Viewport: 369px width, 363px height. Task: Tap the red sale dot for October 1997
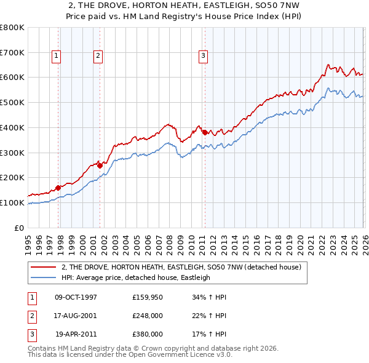pyautogui.click(x=58, y=188)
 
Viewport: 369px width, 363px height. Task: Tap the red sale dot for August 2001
pyautogui.click(x=100, y=166)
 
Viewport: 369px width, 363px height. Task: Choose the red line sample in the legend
pyautogui.click(x=43, y=267)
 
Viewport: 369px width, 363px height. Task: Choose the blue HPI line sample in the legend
pyautogui.click(x=43, y=277)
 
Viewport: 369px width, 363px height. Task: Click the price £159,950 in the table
pyautogui.click(x=148, y=297)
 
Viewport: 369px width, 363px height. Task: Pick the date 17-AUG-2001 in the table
pyautogui.click(x=76, y=316)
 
